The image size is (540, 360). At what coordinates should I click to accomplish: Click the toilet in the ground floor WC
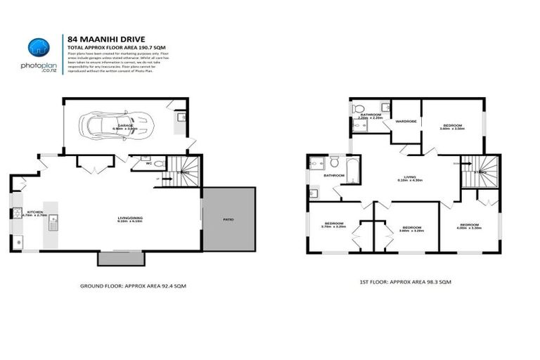tap(158, 165)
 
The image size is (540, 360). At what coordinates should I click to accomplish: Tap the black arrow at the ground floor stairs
tap(168, 179)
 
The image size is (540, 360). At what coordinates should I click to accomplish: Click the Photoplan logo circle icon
tap(39, 47)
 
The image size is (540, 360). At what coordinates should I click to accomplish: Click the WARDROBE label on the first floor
tap(406, 121)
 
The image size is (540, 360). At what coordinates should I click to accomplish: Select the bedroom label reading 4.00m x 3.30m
tap(469, 226)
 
